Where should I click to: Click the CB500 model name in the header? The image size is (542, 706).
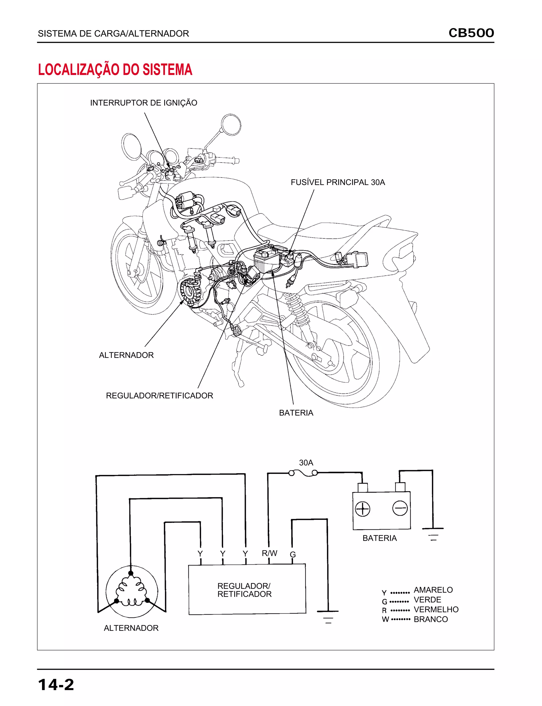click(471, 33)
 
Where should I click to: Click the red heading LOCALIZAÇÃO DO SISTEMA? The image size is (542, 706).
click(115, 70)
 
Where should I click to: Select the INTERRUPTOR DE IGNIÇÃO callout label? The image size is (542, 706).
click(143, 103)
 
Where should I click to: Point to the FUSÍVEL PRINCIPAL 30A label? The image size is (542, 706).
click(338, 182)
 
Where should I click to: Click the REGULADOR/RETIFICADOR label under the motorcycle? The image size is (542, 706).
click(159, 395)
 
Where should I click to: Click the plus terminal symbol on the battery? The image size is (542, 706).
click(362, 509)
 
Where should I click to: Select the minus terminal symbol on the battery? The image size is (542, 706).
click(400, 509)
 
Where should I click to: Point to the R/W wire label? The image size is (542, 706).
click(269, 553)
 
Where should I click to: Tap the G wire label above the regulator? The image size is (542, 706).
click(293, 554)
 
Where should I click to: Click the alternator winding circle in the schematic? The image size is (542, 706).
click(132, 592)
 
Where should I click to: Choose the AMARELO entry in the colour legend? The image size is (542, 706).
click(433, 590)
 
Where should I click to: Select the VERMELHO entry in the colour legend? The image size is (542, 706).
click(436, 610)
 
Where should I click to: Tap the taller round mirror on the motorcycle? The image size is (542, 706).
click(231, 124)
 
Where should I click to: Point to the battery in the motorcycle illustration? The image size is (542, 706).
click(266, 260)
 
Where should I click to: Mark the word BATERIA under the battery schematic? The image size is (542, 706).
click(380, 538)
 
